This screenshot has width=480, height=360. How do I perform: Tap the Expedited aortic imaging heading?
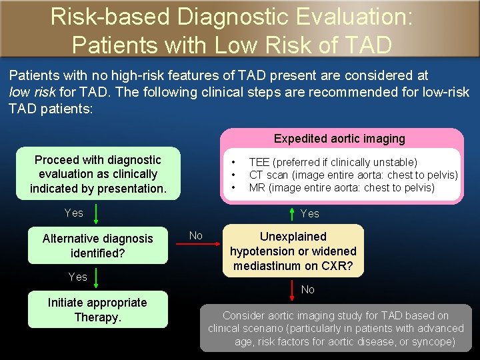tap(339, 139)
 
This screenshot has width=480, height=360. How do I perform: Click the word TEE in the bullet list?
tap(257, 162)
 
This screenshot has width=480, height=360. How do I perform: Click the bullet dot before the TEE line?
tap(233, 162)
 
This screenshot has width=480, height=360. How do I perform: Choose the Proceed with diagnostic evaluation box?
tap(98, 174)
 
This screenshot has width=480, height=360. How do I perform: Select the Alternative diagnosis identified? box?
tap(98, 246)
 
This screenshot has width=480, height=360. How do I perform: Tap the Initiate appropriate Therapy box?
tap(97, 310)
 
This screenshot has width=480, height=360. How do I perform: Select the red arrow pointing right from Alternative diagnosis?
tap(199, 245)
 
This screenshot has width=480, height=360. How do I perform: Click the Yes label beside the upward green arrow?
tap(309, 214)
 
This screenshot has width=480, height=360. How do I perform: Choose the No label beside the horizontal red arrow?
tap(196, 235)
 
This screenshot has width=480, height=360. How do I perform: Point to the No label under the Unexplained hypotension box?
tap(308, 290)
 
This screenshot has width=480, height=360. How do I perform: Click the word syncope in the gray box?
tap(433, 341)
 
